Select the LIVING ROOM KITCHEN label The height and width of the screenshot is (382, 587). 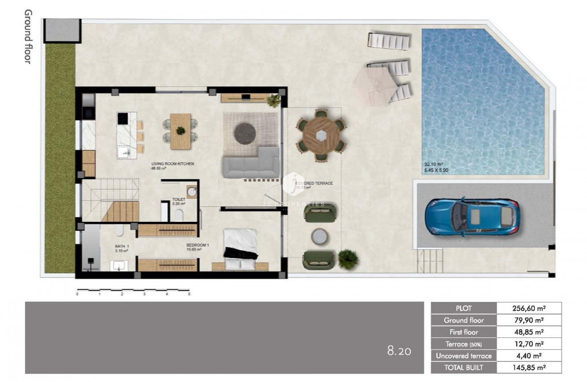(173, 164)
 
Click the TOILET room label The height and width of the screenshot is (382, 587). (178, 199)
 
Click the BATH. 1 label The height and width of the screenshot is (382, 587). (121, 245)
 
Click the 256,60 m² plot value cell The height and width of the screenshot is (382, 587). (529, 308)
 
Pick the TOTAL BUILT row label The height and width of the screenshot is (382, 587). (463, 367)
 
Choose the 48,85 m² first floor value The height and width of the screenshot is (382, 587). (529, 332)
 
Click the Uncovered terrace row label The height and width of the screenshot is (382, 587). (463, 356)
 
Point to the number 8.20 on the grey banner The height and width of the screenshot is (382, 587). (399, 351)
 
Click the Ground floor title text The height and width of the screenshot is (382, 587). (28, 36)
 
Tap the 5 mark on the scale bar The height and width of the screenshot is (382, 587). (189, 294)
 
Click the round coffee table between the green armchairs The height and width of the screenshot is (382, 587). (319, 237)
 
